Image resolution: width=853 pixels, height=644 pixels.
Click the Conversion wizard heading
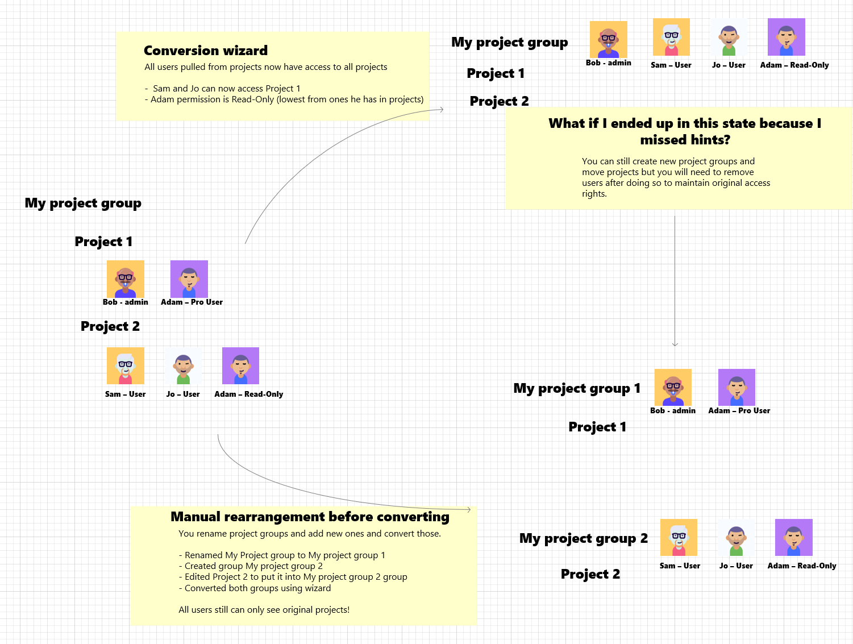click(x=205, y=51)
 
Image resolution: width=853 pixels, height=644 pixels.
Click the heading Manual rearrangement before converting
click(x=310, y=517)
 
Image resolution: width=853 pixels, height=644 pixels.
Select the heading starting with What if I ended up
click(x=685, y=131)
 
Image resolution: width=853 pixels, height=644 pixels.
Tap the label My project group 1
click(x=577, y=388)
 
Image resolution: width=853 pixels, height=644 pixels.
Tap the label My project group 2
click(x=583, y=538)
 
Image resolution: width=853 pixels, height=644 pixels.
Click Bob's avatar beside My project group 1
click(x=673, y=387)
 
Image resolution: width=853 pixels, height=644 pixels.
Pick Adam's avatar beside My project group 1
click(x=737, y=387)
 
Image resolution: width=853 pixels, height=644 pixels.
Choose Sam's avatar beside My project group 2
click(x=679, y=537)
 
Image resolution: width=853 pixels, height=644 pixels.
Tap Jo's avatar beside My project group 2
click(x=736, y=537)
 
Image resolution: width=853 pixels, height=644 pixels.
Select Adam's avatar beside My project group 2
click(x=793, y=537)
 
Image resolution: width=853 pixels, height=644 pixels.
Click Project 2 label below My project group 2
click(x=590, y=574)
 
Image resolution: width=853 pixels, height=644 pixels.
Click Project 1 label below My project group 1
click(x=597, y=427)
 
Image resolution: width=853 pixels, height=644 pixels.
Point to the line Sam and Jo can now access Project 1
click(x=226, y=89)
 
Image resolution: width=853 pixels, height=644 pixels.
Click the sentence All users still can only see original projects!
click(x=264, y=610)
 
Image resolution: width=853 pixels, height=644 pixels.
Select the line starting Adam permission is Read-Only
click(x=287, y=99)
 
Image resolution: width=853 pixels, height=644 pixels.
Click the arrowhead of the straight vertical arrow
click(x=675, y=344)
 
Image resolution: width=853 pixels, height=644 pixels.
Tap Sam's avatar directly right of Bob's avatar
click(x=671, y=37)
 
